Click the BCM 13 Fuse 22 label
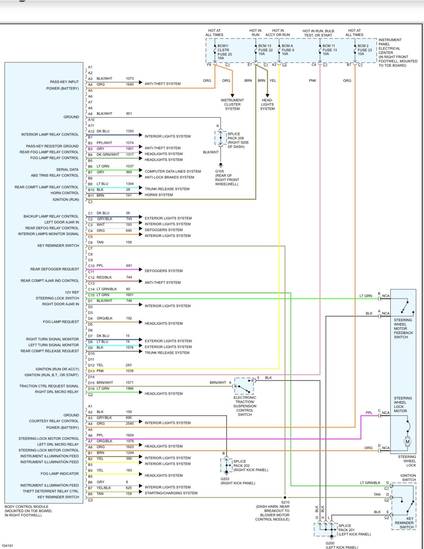(x=265, y=50)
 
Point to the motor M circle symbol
(x=407, y=442)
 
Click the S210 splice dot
(x=285, y=498)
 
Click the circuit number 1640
(x=130, y=84)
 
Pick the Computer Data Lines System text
(x=172, y=171)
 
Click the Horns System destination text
(x=159, y=195)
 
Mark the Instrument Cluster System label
(x=232, y=105)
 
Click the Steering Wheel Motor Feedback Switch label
(x=403, y=329)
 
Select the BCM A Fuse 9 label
(x=287, y=50)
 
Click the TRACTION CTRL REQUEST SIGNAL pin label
(x=49, y=386)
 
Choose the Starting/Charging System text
(x=171, y=493)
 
